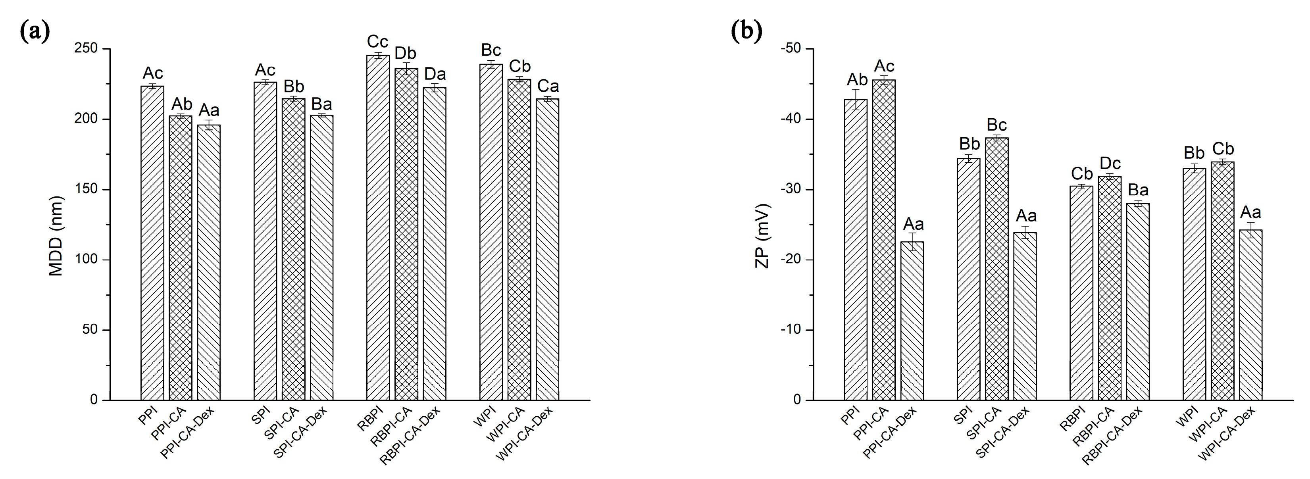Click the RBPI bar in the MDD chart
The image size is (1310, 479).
[x=378, y=229]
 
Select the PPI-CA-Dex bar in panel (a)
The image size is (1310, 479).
[x=208, y=264]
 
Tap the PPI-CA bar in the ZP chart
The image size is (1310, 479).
[x=884, y=239]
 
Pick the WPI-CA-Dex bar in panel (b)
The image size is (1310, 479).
[x=1250, y=315]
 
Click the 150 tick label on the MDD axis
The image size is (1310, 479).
[x=87, y=190]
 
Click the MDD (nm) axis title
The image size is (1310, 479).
[x=56, y=236]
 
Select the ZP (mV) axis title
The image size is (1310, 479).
[x=762, y=236]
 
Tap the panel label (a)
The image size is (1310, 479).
[x=35, y=31]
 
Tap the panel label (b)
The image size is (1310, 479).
[x=746, y=31]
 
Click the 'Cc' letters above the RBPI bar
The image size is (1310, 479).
[x=378, y=42]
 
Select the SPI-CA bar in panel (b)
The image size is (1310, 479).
[x=997, y=269]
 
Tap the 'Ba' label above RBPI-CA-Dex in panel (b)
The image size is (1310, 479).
[x=1138, y=190]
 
